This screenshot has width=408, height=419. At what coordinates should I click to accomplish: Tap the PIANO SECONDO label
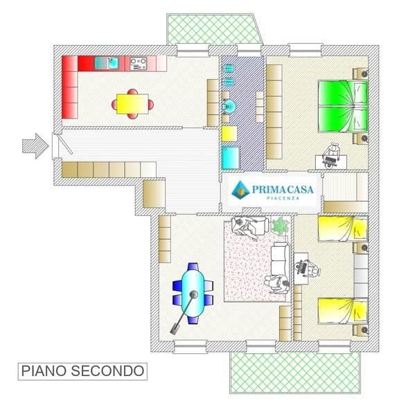pyautogui.click(x=82, y=371)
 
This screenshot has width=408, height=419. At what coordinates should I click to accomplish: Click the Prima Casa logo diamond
pyautogui.click(x=240, y=189)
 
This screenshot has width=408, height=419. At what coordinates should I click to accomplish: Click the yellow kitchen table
pyautogui.click(x=132, y=104)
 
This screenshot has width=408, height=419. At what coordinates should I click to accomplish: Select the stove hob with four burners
pyautogui.click(x=138, y=64)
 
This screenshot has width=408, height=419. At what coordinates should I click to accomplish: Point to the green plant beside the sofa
pyautogui.click(x=280, y=224)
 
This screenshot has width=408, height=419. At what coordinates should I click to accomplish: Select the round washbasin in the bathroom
pyautogui.click(x=229, y=107)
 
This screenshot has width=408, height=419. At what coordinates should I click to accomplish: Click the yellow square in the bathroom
pyautogui.click(x=229, y=133)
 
